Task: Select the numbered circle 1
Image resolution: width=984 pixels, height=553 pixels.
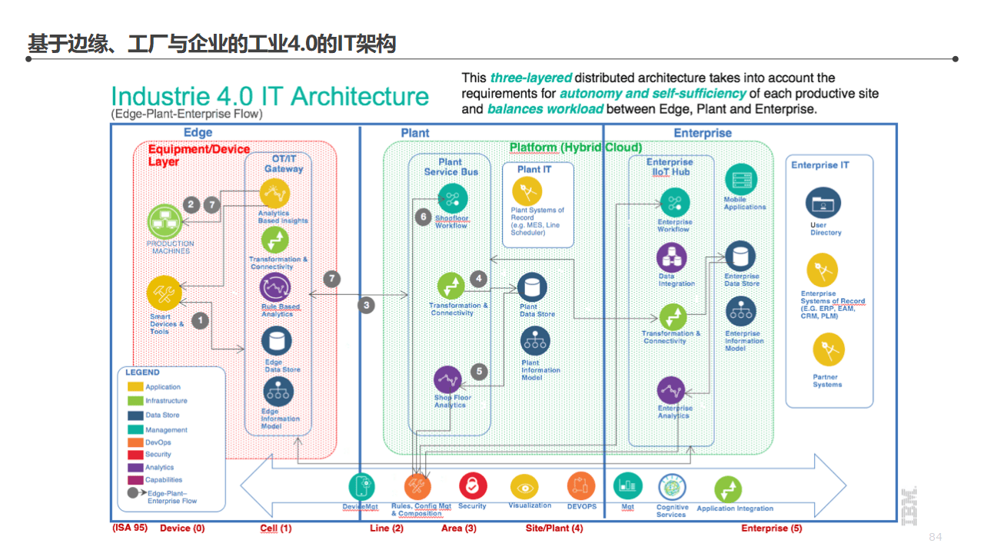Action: [200, 320]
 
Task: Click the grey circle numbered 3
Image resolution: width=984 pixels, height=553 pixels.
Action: [367, 305]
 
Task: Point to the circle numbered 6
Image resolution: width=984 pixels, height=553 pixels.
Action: [422, 217]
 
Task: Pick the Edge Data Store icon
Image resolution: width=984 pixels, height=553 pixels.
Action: [276, 341]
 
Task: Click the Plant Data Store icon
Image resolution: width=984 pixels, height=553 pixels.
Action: [532, 287]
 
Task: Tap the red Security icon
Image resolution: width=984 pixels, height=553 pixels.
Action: [473, 486]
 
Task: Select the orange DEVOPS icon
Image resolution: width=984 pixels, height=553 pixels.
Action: [581, 486]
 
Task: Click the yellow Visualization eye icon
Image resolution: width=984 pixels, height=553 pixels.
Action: [525, 487]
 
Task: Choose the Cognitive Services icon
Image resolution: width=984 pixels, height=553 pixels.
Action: [671, 487]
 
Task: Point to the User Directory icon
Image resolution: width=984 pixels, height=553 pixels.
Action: [823, 204]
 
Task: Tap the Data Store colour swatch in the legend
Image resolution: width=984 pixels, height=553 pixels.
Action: [135, 415]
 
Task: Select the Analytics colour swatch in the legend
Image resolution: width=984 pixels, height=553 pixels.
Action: [135, 467]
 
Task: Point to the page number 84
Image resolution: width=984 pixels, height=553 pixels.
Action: [935, 537]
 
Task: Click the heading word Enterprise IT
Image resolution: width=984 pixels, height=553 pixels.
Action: [820, 165]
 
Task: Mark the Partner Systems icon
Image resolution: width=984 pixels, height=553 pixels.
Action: [828, 349]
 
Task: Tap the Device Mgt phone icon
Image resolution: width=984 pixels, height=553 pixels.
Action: [361, 487]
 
